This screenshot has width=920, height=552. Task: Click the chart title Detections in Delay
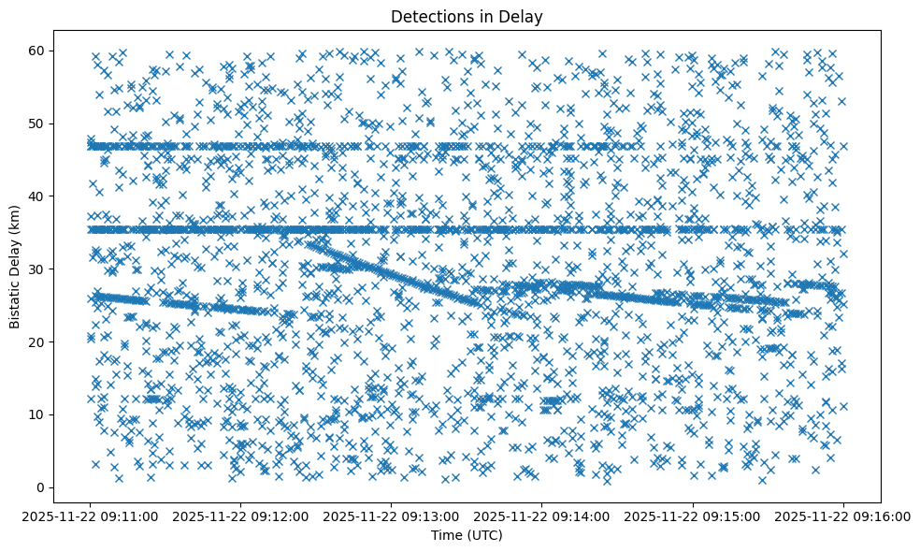point(467,17)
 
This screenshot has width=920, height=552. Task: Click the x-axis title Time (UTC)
point(467,535)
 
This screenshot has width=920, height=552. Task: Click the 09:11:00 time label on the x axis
point(91,514)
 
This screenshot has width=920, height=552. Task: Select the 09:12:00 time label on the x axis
point(241,514)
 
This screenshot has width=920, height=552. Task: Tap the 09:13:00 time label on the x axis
point(392,514)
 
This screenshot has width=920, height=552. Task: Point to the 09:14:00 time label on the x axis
point(542,514)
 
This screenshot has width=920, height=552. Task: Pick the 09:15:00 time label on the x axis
point(693,514)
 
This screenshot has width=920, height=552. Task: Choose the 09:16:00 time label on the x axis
point(843,514)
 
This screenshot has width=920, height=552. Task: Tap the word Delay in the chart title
point(525,17)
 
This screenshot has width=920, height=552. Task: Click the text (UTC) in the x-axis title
point(484,535)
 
